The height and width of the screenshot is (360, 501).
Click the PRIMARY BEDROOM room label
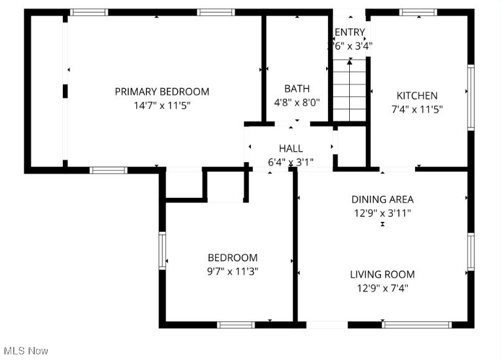[162, 91]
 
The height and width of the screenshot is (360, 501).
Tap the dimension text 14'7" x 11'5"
[162, 105]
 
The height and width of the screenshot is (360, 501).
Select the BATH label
[297, 89]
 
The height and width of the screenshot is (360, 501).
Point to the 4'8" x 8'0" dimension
[297, 102]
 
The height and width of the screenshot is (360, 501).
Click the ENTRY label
[350, 32]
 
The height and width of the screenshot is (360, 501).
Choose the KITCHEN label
[417, 96]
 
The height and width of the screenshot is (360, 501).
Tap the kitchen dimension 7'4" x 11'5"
[417, 109]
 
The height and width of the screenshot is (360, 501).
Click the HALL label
[291, 149]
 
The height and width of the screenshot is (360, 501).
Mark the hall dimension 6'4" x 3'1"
[291, 162]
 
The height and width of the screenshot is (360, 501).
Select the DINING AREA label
[382, 200]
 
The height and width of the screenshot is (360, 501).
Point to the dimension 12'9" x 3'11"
[382, 213]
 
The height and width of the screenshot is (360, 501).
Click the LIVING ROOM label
[382, 274]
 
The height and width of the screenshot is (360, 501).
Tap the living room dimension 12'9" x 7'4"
[382, 288]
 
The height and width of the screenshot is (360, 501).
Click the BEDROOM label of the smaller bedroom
[232, 257]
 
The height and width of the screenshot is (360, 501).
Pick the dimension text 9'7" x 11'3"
[232, 271]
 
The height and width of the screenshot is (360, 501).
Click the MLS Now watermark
[25, 351]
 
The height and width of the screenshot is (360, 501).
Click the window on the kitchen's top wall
[418, 12]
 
